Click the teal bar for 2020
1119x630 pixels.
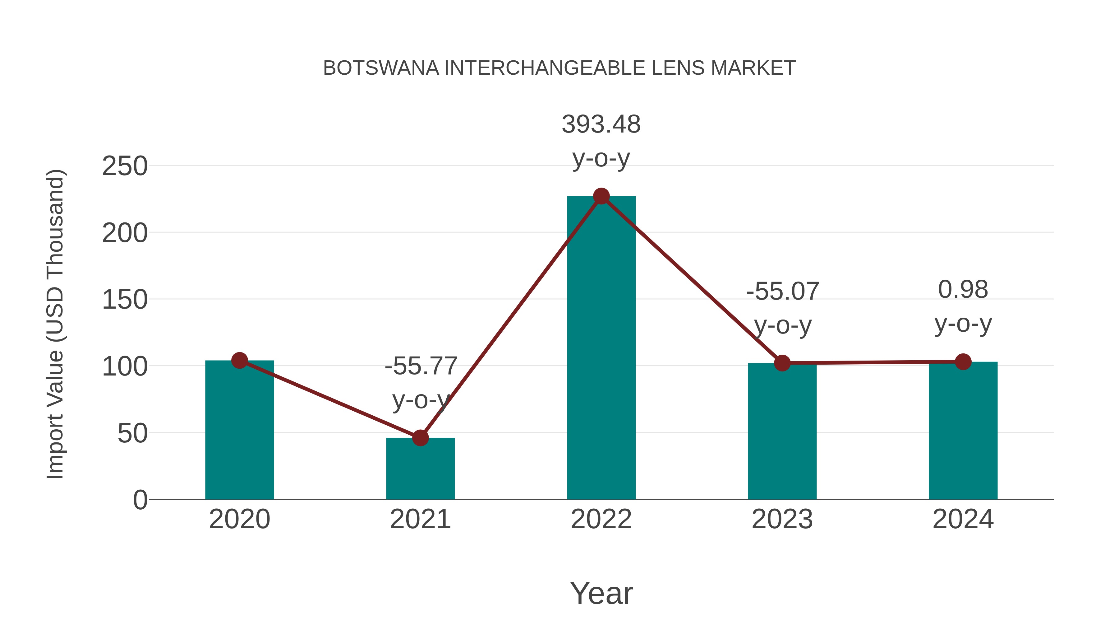(239, 431)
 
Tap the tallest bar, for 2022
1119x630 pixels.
(601, 348)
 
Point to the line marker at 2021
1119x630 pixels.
(420, 438)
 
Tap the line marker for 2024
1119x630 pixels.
(963, 362)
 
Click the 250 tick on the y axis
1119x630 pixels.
(125, 166)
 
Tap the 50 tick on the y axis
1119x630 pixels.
(132, 433)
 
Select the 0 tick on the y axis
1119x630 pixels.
(140, 500)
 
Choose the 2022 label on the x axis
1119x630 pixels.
(601, 520)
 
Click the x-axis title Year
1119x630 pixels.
(601, 594)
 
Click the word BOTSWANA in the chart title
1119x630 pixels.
(381, 68)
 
